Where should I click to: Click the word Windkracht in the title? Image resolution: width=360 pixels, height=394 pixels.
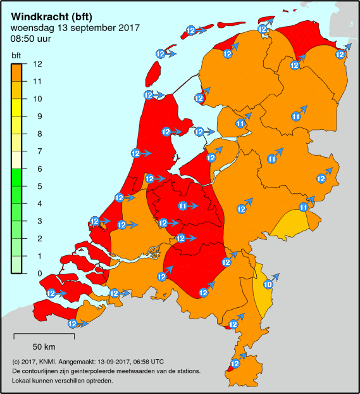tap(37, 16)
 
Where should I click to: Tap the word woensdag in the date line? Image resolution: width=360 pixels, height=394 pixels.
tap(30, 28)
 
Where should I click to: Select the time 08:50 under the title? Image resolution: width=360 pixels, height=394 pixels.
tap(22, 39)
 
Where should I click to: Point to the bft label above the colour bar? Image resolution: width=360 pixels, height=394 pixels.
tap(16, 55)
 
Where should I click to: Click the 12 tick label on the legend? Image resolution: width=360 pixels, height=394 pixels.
tap(37, 64)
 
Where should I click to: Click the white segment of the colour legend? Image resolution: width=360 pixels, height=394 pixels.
tap(18, 160)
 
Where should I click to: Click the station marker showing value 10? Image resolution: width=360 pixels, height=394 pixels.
tap(268, 284)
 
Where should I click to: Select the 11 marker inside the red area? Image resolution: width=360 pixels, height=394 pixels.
tap(183, 206)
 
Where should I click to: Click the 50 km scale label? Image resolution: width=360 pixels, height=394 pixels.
tap(44, 346)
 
